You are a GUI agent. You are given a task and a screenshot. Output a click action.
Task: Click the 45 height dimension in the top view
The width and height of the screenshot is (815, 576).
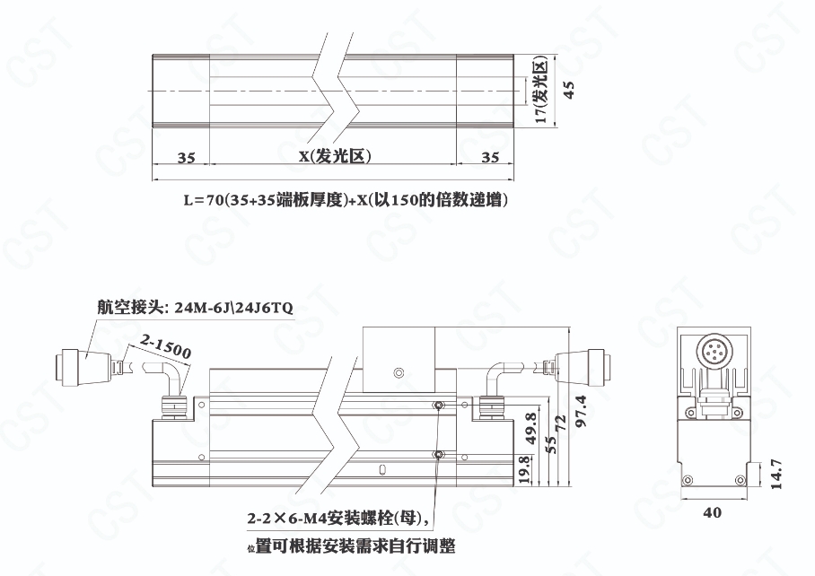click(569, 90)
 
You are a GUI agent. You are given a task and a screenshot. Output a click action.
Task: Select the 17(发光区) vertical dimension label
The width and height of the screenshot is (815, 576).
click(541, 90)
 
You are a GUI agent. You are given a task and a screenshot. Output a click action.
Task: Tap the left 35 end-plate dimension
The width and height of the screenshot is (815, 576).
click(186, 157)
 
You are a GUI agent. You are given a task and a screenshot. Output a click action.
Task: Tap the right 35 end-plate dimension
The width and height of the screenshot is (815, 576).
click(489, 157)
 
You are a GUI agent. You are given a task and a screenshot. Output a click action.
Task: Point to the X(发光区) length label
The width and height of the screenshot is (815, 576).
click(336, 156)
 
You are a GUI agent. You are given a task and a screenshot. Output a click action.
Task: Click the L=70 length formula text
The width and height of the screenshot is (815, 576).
click(346, 199)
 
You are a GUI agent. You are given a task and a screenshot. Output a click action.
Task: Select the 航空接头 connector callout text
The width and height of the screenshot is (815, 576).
click(196, 308)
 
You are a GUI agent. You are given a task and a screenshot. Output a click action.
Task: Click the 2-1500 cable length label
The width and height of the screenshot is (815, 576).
click(166, 346)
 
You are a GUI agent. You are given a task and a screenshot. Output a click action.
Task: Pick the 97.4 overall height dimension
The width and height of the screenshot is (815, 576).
click(581, 411)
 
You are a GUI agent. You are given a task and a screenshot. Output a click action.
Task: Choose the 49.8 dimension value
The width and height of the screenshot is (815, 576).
click(530, 428)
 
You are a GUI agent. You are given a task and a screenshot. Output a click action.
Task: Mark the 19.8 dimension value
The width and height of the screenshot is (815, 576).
click(524, 469)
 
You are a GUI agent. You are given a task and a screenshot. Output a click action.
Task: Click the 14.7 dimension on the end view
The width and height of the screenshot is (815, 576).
click(776, 474)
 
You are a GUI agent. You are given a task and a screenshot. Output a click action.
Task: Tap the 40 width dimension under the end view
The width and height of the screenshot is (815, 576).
click(712, 512)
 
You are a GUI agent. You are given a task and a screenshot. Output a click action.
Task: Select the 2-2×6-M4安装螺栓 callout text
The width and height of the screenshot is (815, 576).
click(338, 519)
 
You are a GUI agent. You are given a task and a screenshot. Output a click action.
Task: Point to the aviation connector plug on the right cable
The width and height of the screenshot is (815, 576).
click(583, 368)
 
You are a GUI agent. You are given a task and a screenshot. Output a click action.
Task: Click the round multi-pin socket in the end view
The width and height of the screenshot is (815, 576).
click(714, 353)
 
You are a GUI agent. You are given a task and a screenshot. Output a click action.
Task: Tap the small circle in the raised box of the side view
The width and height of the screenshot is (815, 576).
click(399, 372)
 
